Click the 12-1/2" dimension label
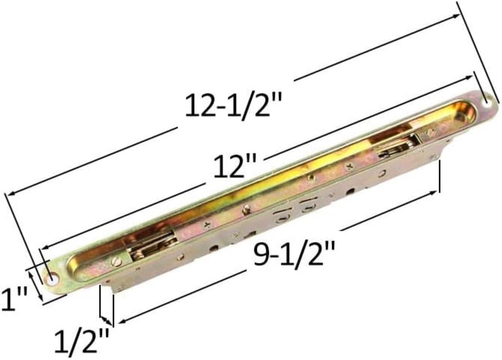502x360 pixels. pyautogui.click(x=233, y=105)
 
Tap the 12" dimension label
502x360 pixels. pyautogui.click(x=235, y=166)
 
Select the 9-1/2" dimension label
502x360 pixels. pyautogui.click(x=294, y=254)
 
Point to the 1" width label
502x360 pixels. pyautogui.click(x=13, y=299)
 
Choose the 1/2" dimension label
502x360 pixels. pyautogui.click(x=82, y=342)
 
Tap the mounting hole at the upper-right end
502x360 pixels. pyautogui.click(x=486, y=102)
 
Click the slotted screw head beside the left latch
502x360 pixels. pyautogui.click(x=117, y=261)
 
